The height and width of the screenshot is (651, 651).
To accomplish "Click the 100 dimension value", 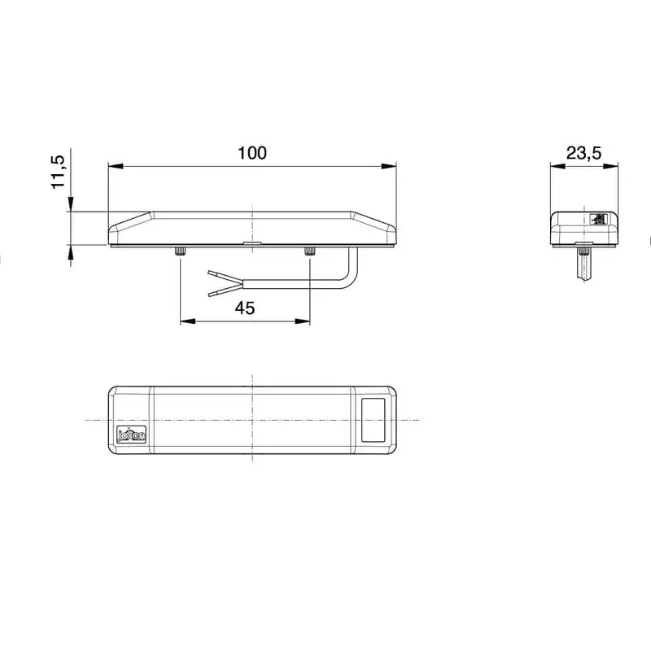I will (x=251, y=152).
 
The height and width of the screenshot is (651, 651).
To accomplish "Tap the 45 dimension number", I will (x=245, y=307).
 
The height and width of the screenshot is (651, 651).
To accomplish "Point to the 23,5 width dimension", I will (x=583, y=152).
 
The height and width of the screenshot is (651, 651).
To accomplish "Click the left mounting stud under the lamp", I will (x=179, y=252).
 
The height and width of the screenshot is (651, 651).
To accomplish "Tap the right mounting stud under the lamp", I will (x=310, y=252).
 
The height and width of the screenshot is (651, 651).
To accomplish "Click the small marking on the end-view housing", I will (x=600, y=218).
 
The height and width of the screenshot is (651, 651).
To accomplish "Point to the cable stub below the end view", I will (x=583, y=264).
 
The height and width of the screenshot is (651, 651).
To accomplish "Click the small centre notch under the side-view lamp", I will (x=253, y=243).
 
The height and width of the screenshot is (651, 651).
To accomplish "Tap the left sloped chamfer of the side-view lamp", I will (x=130, y=221).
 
